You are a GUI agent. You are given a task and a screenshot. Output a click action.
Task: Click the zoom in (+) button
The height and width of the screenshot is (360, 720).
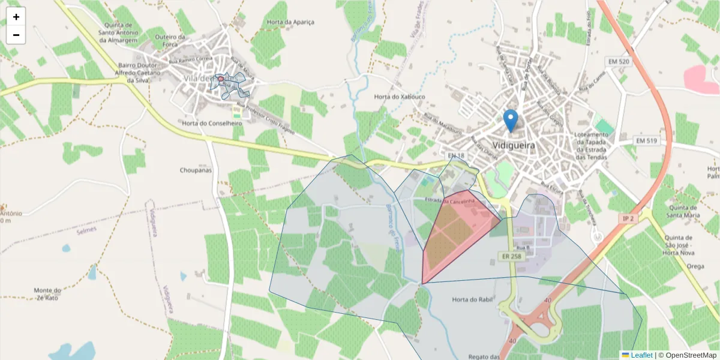pos(16,17)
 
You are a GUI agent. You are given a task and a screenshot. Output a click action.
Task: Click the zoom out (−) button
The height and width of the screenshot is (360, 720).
pos(16,35)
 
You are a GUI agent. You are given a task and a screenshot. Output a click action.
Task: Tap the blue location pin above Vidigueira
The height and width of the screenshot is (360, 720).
pos(511,121)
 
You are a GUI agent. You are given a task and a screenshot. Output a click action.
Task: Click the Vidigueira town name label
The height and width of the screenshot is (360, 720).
pos(513,145)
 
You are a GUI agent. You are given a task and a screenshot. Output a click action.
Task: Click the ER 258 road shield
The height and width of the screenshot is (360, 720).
pos(511,256)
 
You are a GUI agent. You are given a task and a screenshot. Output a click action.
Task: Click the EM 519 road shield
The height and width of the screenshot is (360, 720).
pos(645,140)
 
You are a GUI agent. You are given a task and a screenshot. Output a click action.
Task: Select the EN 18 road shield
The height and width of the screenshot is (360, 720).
pos(456,156)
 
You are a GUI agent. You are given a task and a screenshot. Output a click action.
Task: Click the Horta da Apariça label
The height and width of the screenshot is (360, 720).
pos(290,22)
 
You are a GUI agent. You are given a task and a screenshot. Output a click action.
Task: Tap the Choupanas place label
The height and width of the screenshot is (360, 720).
pos(196,170)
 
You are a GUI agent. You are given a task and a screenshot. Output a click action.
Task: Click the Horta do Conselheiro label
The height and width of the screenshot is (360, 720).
pos(212,123)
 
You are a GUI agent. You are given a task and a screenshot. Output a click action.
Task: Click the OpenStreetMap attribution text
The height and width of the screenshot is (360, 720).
pos(688,355)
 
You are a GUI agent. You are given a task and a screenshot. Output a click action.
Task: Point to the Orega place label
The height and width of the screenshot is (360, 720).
pos(695,266)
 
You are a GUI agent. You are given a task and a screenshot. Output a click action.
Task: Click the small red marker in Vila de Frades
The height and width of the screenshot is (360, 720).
pos(221,79)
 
